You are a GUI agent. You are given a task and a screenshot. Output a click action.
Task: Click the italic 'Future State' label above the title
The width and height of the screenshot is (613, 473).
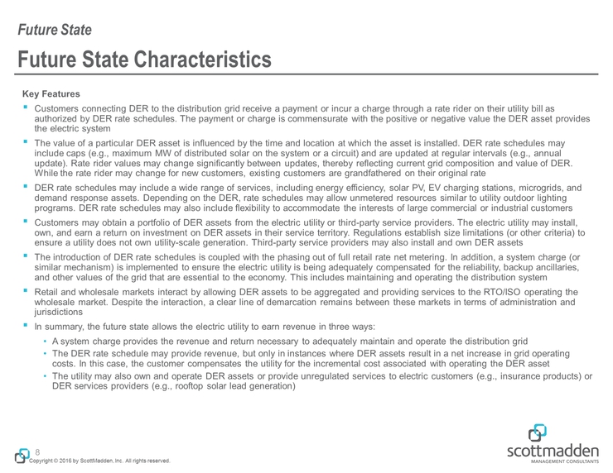[56, 31]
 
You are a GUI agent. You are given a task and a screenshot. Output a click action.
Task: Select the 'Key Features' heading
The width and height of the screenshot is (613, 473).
[50, 94]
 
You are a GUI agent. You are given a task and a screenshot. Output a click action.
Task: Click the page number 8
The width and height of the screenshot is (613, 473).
[38, 452]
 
